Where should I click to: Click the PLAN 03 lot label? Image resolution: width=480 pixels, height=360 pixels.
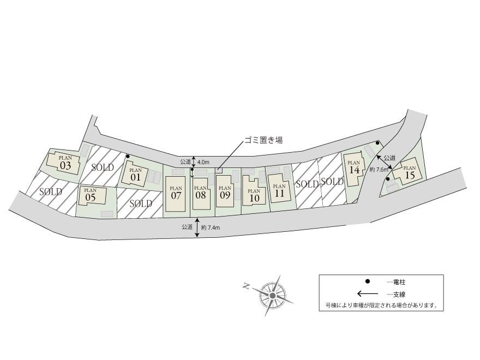65,163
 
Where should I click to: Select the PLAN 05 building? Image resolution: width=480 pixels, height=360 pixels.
91,195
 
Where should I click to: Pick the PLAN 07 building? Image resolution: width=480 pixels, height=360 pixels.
176,191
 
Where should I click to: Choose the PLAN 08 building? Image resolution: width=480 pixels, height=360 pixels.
201,191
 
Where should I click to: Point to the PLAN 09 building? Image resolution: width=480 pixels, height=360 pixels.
225,191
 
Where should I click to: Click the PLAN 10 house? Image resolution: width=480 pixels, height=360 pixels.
254,194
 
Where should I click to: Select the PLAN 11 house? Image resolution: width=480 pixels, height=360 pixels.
279,189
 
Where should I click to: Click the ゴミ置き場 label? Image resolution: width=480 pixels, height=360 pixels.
263,140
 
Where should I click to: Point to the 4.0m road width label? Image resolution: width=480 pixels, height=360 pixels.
203,162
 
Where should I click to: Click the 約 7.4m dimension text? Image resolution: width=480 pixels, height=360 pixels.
210,227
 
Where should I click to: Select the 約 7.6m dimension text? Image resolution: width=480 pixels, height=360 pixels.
379,170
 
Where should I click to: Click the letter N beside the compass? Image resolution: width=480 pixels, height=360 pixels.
247,286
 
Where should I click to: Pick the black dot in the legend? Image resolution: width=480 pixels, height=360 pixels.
368,281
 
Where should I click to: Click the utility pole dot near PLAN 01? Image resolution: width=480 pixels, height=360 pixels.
128,157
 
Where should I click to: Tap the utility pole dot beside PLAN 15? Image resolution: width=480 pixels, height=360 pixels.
388,178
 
